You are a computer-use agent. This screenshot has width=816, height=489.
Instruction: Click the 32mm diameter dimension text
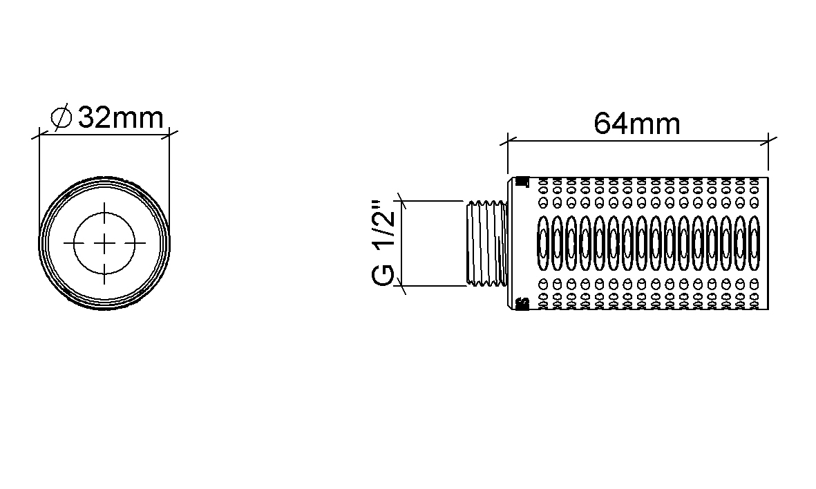pos(121,118)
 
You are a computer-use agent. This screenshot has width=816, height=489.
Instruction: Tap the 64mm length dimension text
pos(637,124)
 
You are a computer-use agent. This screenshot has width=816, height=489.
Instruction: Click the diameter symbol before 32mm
pos(61,117)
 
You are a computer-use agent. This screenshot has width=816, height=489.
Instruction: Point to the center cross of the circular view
pos(104,243)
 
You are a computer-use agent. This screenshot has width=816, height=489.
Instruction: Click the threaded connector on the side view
pos(486,243)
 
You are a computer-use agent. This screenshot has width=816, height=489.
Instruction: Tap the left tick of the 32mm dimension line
pos(39,136)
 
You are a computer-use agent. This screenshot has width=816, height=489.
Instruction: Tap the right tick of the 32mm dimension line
pos(169,136)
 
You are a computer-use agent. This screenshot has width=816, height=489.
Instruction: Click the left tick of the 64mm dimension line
pos(508,140)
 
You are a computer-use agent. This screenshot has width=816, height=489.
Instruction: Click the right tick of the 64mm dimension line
pos(768,140)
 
